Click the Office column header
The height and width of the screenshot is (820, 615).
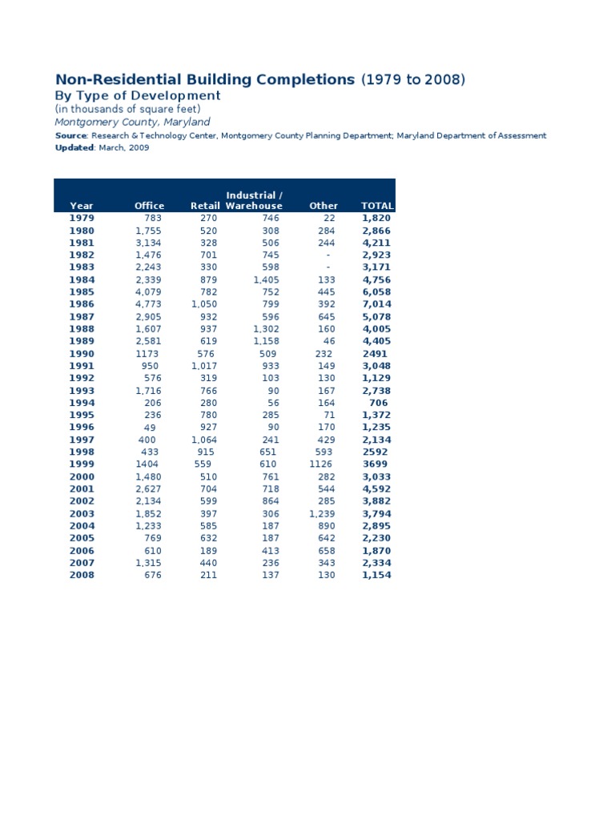[149, 206]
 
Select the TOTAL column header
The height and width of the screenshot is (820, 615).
[377, 206]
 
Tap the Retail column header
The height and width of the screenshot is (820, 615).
[205, 206]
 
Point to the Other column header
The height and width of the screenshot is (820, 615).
[324, 206]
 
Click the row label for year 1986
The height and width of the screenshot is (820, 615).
[82, 304]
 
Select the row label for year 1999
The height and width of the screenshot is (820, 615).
[82, 464]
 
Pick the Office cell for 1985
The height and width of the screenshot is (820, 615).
[148, 291]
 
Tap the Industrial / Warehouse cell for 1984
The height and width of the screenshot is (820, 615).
[266, 279]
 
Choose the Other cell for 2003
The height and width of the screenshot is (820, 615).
[322, 513]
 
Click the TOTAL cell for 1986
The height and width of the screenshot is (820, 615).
[376, 304]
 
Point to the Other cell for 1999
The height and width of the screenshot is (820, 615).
[322, 464]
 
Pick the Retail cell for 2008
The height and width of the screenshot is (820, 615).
[208, 575]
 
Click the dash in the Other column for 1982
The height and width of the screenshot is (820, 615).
[328, 255]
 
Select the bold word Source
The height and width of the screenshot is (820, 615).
[70, 136]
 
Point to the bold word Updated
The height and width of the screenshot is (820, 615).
[74, 148]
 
